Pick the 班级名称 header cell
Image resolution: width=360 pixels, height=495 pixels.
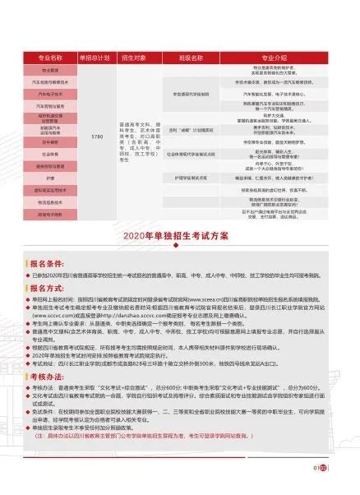[196, 58]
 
